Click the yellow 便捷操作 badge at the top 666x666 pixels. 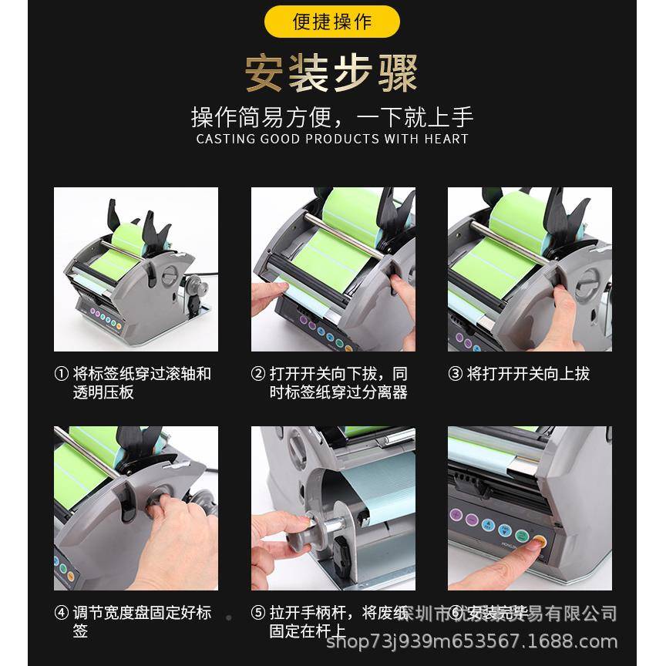coord(332,21)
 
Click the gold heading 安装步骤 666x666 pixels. coord(332,74)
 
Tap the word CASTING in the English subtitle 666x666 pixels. coord(224,140)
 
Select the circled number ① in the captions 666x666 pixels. coord(62,375)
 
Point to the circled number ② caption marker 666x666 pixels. coord(258,375)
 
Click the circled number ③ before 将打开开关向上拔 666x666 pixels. coord(455,375)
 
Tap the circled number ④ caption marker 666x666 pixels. coord(62,614)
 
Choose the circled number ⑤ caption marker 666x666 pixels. coord(258,614)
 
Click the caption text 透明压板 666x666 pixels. coord(103,392)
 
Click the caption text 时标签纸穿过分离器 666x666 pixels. coord(338,392)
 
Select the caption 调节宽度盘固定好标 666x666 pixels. coord(142,614)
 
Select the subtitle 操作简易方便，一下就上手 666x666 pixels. coord(332,117)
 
